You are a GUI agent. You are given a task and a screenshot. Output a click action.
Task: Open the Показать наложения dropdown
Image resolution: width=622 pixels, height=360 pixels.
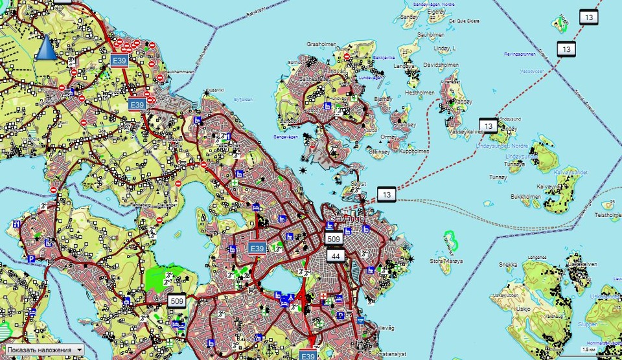(45, 350)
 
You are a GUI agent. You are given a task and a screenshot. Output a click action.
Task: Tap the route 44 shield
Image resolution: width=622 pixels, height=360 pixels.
(336, 256)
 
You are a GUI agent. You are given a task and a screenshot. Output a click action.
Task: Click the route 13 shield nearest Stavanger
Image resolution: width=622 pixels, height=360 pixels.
(387, 194)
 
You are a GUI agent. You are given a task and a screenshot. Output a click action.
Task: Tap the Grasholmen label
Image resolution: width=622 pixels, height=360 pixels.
(322, 45)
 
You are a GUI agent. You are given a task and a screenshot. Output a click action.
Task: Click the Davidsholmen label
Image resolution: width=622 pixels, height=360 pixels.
(441, 65)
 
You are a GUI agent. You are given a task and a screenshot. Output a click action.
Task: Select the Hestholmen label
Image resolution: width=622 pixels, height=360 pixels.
(419, 93)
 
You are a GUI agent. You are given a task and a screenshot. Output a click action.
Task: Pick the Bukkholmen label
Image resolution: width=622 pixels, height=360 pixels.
(525, 196)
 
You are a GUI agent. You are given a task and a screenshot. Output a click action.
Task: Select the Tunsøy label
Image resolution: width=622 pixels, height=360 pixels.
(498, 176)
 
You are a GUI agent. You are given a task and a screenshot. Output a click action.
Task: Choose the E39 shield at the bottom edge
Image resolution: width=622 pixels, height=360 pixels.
(308, 355)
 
